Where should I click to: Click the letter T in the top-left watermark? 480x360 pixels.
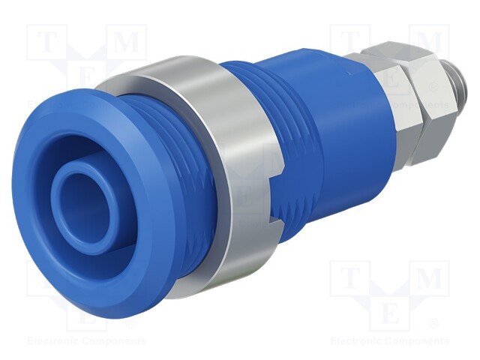(47, 43)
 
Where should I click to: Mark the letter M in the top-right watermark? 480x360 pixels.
(428, 43)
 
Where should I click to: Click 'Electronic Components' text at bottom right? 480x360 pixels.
(389, 341)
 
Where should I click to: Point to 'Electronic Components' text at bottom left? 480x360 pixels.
(86, 341)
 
